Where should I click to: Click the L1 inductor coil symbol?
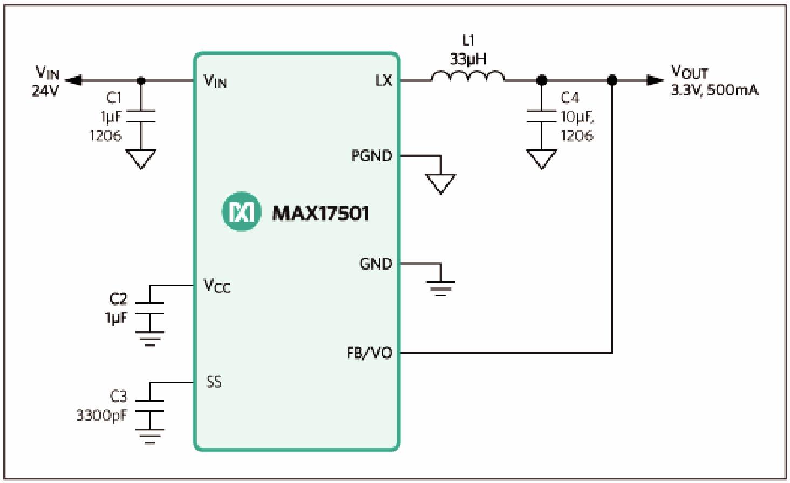pyautogui.click(x=468, y=77)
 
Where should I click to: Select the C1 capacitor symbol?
pyautogui.click(x=141, y=116)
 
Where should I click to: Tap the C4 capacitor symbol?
pyautogui.click(x=541, y=116)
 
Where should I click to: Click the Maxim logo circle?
pyautogui.click(x=241, y=212)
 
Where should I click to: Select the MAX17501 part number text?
pyautogui.click(x=321, y=213)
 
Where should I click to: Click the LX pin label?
pyautogui.click(x=383, y=81)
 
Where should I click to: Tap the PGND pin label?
pyautogui.click(x=371, y=156)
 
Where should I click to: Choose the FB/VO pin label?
pyautogui.click(x=369, y=353)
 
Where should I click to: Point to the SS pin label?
pyautogui.click(x=214, y=382)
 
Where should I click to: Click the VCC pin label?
pyautogui.click(x=216, y=286)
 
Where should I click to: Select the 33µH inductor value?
pyautogui.click(x=468, y=59)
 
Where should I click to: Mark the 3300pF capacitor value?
pyautogui.click(x=101, y=416)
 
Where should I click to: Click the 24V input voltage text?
pyautogui.click(x=45, y=91)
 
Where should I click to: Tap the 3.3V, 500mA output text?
pyautogui.click(x=714, y=90)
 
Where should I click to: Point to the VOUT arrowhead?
pyautogui.click(x=655, y=80)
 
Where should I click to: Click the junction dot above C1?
pyautogui.click(x=141, y=81)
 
